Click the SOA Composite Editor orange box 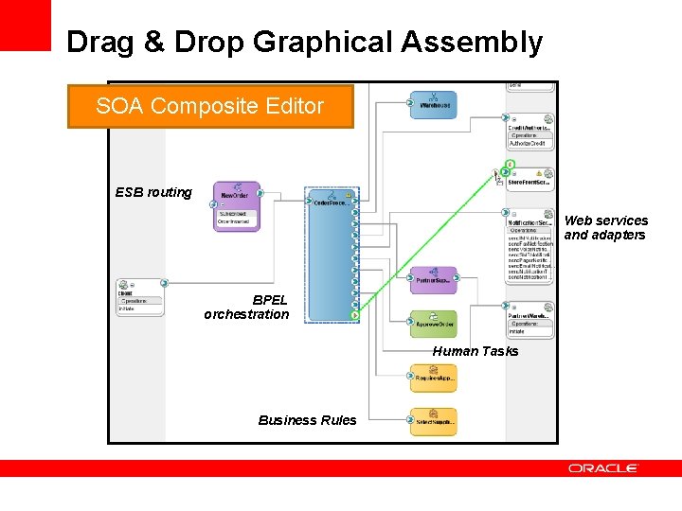tap(209, 106)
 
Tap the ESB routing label tap(153, 192)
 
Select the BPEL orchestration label tap(246, 307)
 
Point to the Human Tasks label tap(476, 351)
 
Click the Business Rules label tap(308, 420)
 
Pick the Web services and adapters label tap(606, 227)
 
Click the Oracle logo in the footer tap(603, 467)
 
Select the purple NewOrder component tap(237, 205)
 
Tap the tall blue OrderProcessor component tap(330, 255)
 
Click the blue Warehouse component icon tap(434, 105)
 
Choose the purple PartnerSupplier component tap(434, 278)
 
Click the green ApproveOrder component tap(434, 323)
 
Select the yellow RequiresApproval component tap(434, 378)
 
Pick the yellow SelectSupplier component tap(434, 421)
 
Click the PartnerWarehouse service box tap(529, 321)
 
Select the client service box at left tap(140, 297)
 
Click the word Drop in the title tap(217, 43)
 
